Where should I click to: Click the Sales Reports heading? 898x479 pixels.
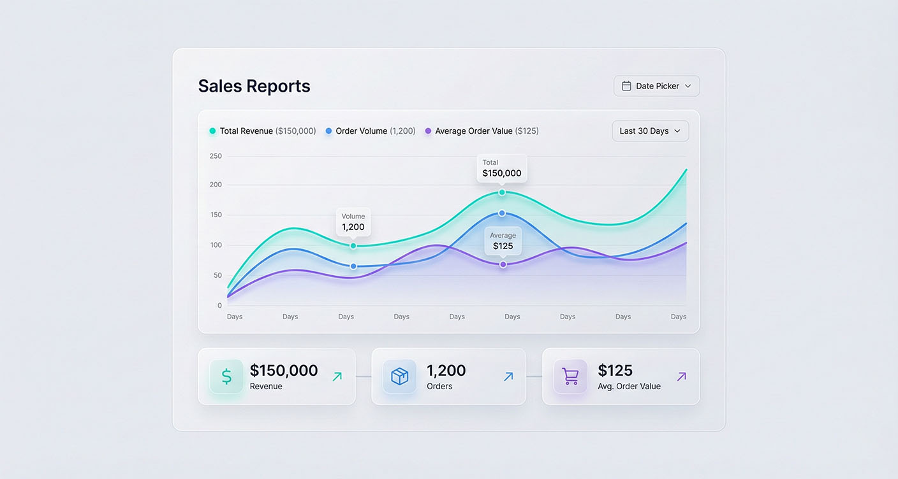254,86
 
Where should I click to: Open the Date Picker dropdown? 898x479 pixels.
656,86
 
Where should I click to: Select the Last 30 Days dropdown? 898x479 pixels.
650,131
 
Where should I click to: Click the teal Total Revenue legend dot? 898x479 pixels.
212,131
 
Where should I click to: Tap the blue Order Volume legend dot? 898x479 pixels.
328,131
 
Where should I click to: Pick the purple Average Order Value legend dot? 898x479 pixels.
428,131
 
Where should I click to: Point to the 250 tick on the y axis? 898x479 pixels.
216,156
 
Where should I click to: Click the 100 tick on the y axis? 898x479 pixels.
216,245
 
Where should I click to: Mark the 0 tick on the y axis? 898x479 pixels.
219,306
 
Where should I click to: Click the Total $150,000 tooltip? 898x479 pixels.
501,168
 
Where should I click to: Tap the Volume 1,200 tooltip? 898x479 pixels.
353,222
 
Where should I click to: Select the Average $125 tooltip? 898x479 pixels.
503,241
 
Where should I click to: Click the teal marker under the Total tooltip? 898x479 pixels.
502,192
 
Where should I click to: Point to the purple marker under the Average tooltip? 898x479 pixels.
503,264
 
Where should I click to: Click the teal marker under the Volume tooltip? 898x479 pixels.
353,246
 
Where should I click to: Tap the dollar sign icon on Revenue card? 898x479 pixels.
226,376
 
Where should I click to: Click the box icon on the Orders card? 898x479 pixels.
399,376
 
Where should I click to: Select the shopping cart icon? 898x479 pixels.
570,376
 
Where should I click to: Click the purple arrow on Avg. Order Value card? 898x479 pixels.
681,376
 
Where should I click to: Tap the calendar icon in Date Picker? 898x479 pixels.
626,86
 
